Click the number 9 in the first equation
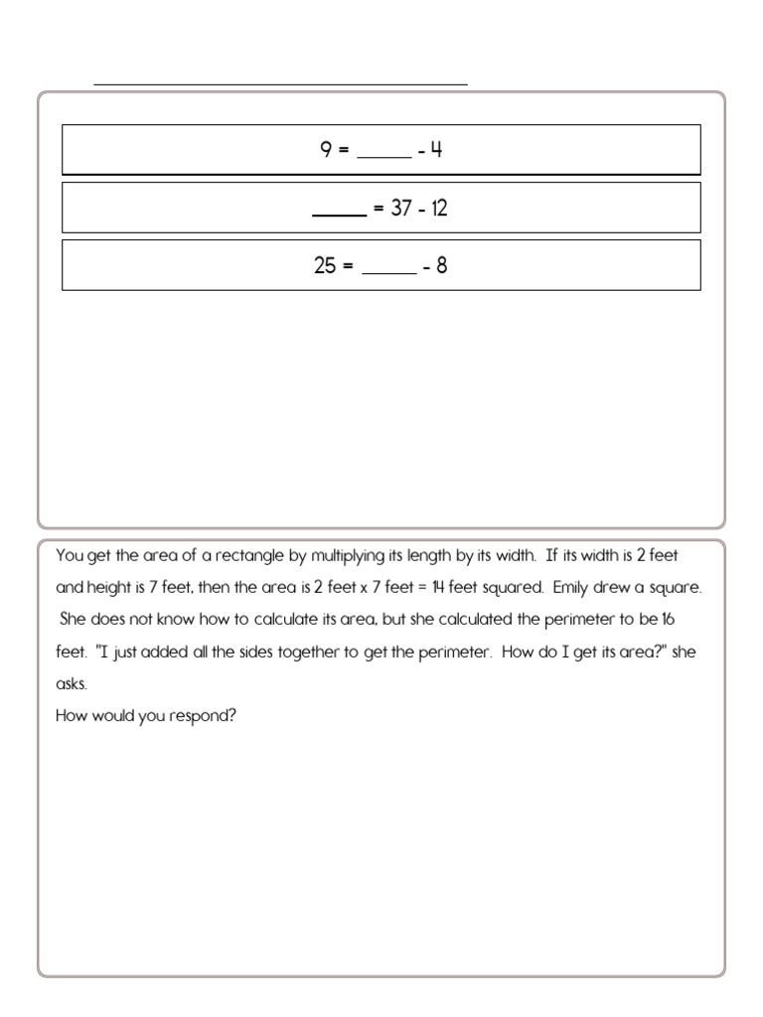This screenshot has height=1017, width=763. click(x=325, y=150)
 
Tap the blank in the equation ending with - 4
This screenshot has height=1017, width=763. click(x=382, y=154)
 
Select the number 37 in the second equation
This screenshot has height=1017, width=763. click(x=400, y=209)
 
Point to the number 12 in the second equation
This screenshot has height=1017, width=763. click(x=438, y=209)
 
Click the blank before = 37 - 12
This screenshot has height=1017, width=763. click(x=339, y=213)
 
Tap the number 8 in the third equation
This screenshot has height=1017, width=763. click(x=442, y=265)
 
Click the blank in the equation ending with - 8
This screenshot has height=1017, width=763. click(x=388, y=269)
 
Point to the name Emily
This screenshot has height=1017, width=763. click(x=571, y=587)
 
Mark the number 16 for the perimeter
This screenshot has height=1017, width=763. click(x=671, y=619)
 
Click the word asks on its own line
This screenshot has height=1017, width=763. click(x=73, y=683)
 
